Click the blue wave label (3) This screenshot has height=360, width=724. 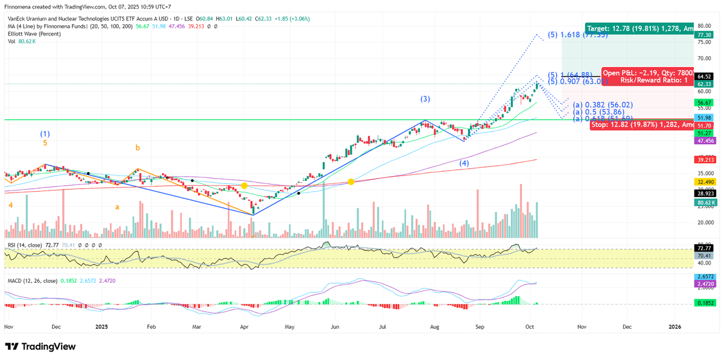coord(425,98)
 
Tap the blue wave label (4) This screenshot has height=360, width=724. coord(464,163)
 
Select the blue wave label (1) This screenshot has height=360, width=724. coord(45,133)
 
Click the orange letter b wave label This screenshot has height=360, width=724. coord(138,147)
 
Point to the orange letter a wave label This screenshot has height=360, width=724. coord(117,207)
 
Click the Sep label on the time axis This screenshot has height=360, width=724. coord(480,326)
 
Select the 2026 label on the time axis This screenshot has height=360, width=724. coord(675,326)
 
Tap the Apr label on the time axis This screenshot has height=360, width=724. coord(244,326)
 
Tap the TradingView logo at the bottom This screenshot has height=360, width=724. coord(40,347)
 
